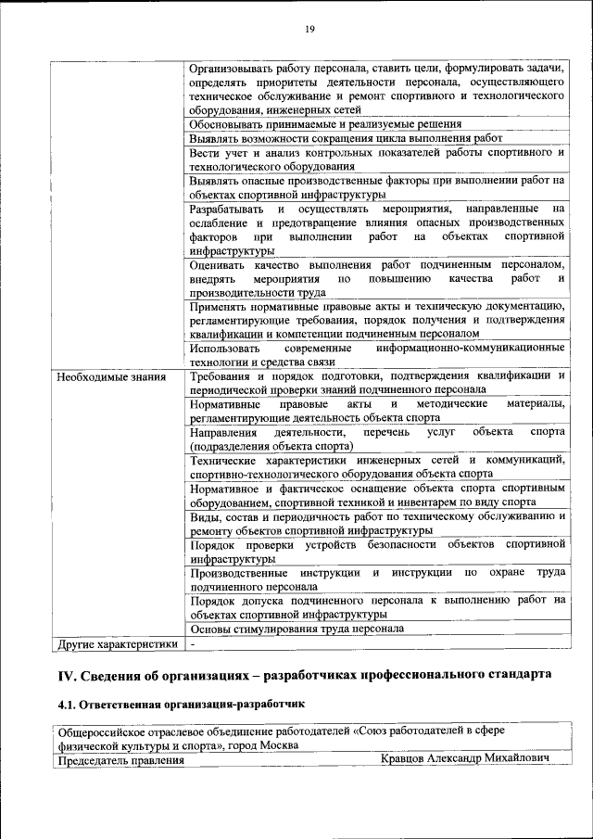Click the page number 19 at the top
(310, 30)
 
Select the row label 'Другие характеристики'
(117, 643)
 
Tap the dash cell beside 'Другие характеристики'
(193, 643)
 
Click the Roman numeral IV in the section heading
(68, 674)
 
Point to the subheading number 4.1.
(69, 706)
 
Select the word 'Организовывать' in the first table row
(233, 69)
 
